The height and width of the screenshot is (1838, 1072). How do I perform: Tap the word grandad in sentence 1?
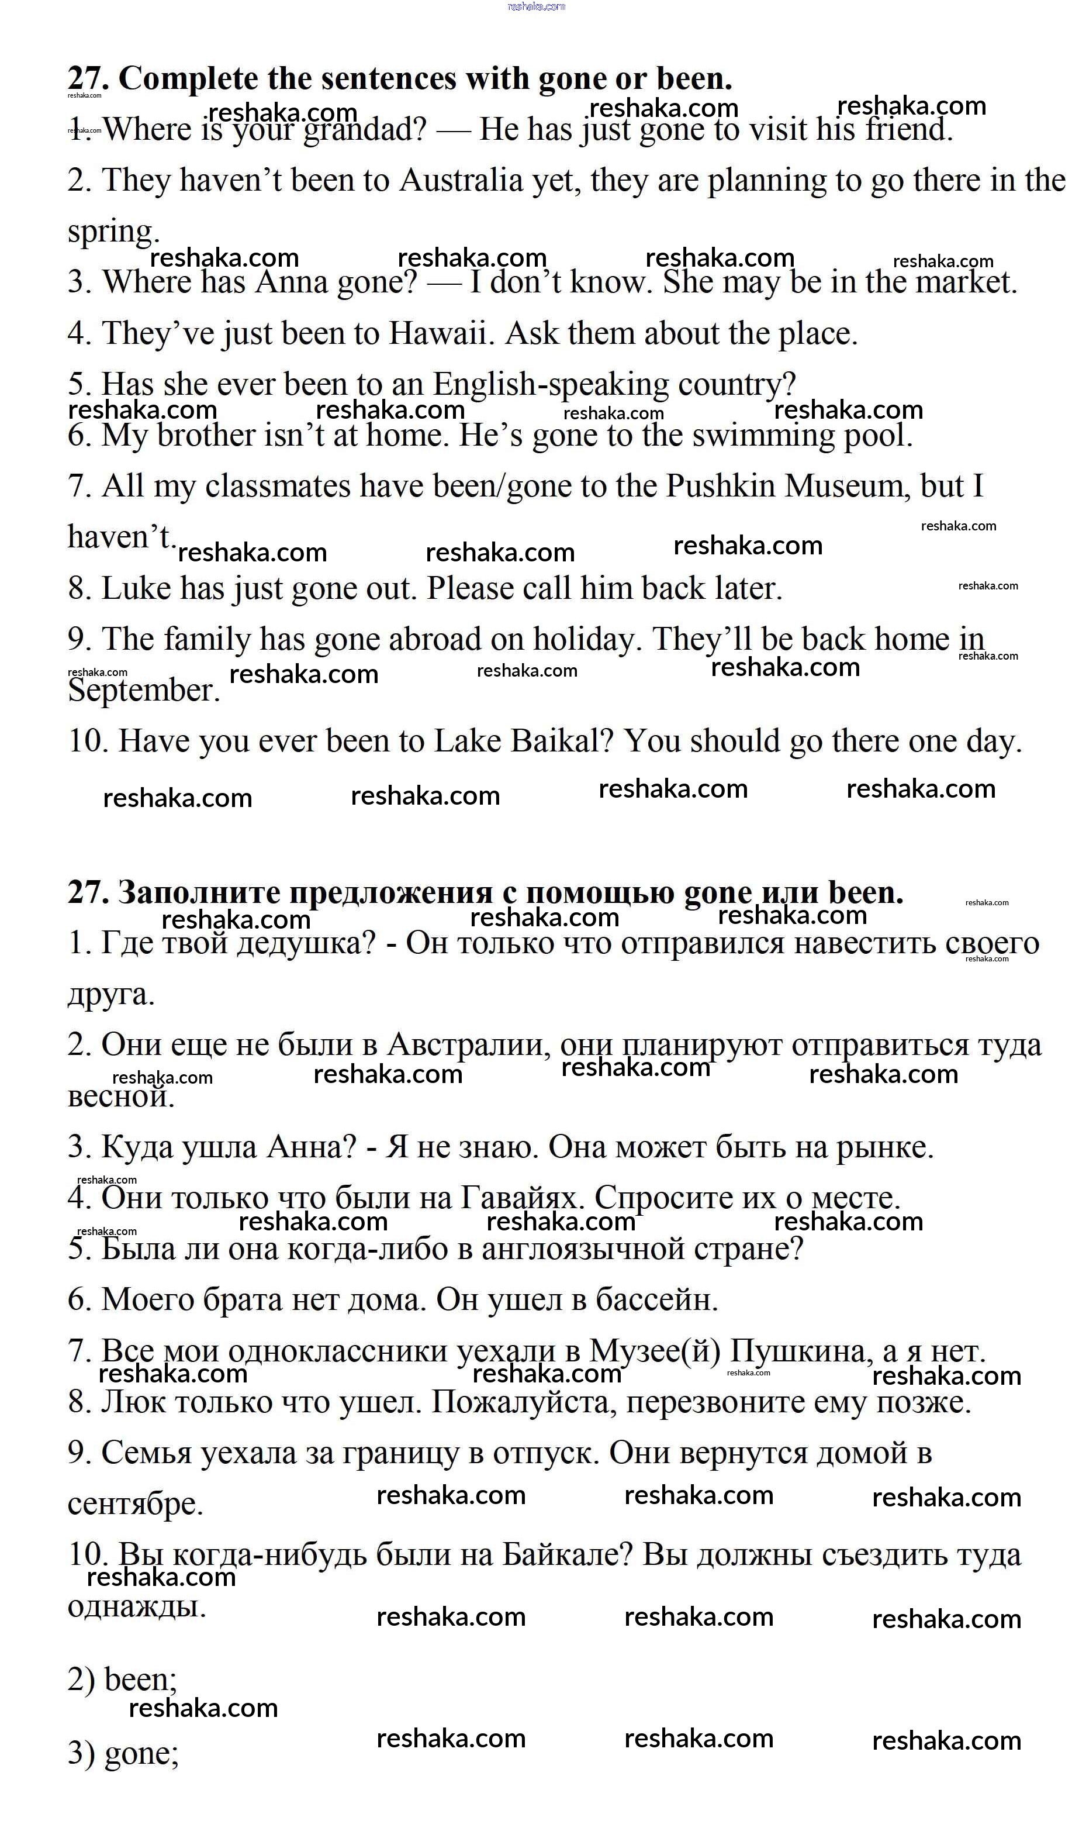[x=365, y=130]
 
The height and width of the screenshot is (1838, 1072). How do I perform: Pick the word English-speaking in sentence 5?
[x=551, y=384]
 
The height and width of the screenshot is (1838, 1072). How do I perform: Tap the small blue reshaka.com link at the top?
[x=536, y=6]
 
